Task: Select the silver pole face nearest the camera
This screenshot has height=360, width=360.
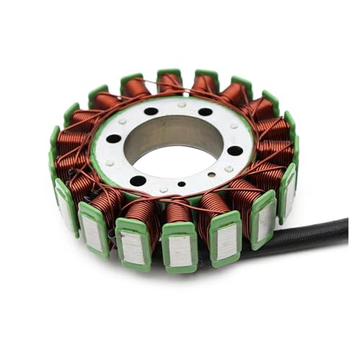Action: pyautogui.click(x=180, y=248)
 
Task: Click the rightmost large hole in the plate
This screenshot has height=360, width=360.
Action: pyautogui.click(x=235, y=150)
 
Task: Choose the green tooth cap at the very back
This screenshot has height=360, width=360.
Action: pyautogui.click(x=170, y=73)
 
